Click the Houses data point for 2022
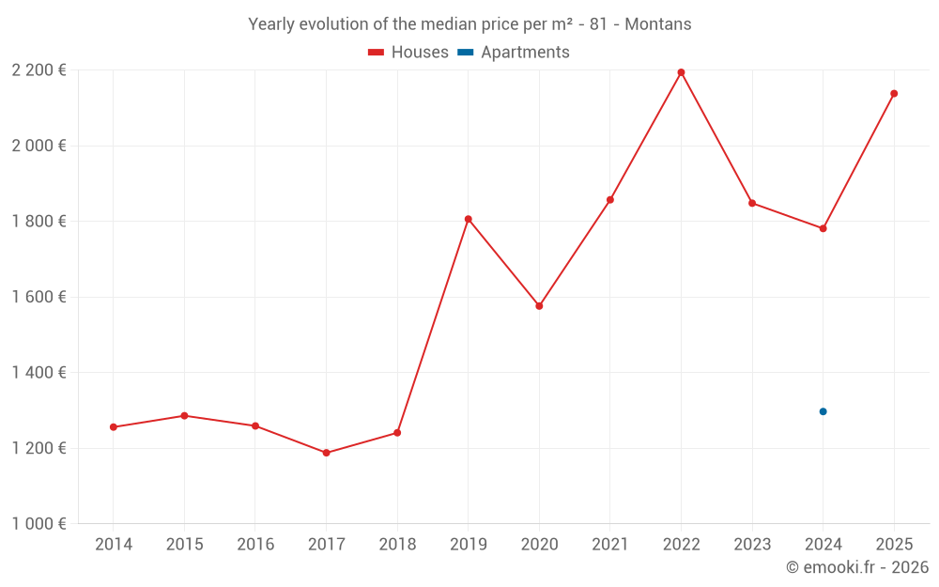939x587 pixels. click(x=681, y=72)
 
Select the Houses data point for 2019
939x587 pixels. click(x=468, y=219)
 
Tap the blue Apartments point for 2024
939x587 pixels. click(x=823, y=411)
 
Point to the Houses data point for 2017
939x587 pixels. click(x=326, y=453)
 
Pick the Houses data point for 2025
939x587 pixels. click(x=894, y=93)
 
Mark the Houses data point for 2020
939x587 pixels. click(x=539, y=306)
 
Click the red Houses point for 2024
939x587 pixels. click(x=823, y=228)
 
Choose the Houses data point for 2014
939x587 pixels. click(x=114, y=427)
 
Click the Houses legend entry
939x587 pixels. click(x=408, y=53)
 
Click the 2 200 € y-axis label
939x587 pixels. click(x=38, y=70)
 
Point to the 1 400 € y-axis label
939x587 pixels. click(x=38, y=373)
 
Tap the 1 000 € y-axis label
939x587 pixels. click(x=38, y=524)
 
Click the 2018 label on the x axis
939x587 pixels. click(x=397, y=545)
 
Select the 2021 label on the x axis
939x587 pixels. click(x=609, y=545)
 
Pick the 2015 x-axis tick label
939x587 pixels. click(x=184, y=545)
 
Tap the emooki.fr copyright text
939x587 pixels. click(x=857, y=567)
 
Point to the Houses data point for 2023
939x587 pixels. click(x=752, y=203)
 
